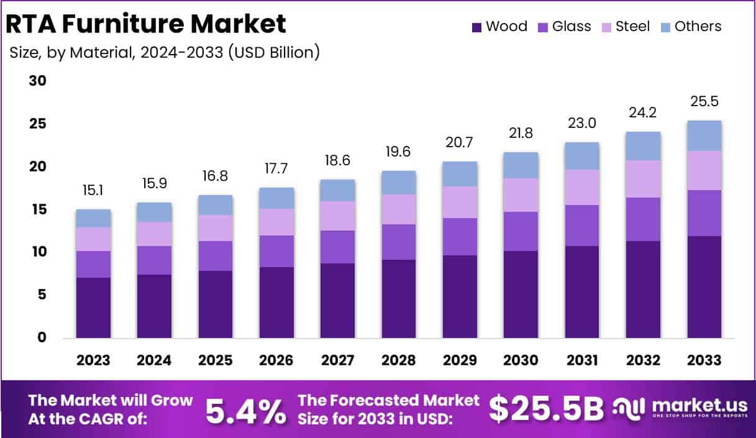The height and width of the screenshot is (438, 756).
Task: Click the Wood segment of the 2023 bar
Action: pyautogui.click(x=94, y=308)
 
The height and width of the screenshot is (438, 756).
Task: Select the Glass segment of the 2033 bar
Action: pyautogui.click(x=704, y=213)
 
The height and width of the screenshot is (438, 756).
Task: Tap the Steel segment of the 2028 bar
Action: pyautogui.click(x=399, y=209)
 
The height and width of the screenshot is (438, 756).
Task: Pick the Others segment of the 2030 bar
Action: pyautogui.click(x=521, y=165)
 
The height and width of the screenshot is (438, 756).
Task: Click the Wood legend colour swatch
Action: pyautogui.click(x=477, y=27)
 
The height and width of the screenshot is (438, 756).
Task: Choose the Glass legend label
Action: pyautogui.click(x=572, y=26)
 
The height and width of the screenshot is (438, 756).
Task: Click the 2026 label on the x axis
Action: pyautogui.click(x=276, y=360)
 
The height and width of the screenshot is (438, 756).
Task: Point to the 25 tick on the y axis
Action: pyautogui.click(x=38, y=124)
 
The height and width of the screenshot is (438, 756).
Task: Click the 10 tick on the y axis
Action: pyautogui.click(x=38, y=252)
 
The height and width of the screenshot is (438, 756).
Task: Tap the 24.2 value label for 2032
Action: pyautogui.click(x=643, y=113)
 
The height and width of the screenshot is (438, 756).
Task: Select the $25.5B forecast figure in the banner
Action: pyautogui.click(x=546, y=409)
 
